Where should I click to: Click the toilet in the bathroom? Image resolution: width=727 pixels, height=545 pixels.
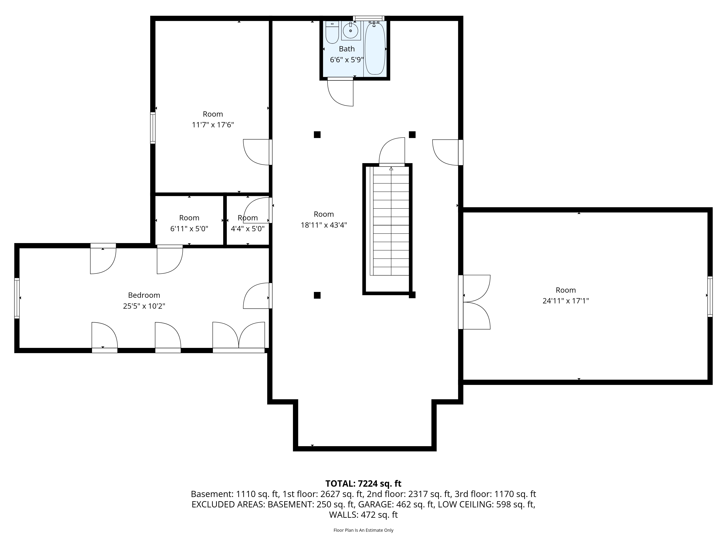pos(332,33)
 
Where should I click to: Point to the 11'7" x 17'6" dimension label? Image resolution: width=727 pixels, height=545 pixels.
pos(213,125)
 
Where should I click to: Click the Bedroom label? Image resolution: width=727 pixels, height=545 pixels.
pos(144,295)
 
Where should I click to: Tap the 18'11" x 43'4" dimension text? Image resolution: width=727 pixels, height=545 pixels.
pos(324,225)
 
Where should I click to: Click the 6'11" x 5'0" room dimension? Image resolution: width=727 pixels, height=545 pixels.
pos(189,229)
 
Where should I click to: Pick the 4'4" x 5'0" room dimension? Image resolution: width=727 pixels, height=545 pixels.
pos(248,229)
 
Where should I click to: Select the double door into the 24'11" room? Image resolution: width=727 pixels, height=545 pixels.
pos(475,302)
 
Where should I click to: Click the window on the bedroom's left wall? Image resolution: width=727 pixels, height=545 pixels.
pos(17,298)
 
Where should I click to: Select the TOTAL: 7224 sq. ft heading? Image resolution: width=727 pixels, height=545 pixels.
pos(363,484)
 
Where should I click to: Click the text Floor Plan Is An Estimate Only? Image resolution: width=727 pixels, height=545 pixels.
pos(363,530)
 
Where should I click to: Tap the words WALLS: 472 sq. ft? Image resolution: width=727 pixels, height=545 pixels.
pos(363,515)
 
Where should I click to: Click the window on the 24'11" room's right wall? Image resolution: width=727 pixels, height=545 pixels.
pos(710,297)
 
